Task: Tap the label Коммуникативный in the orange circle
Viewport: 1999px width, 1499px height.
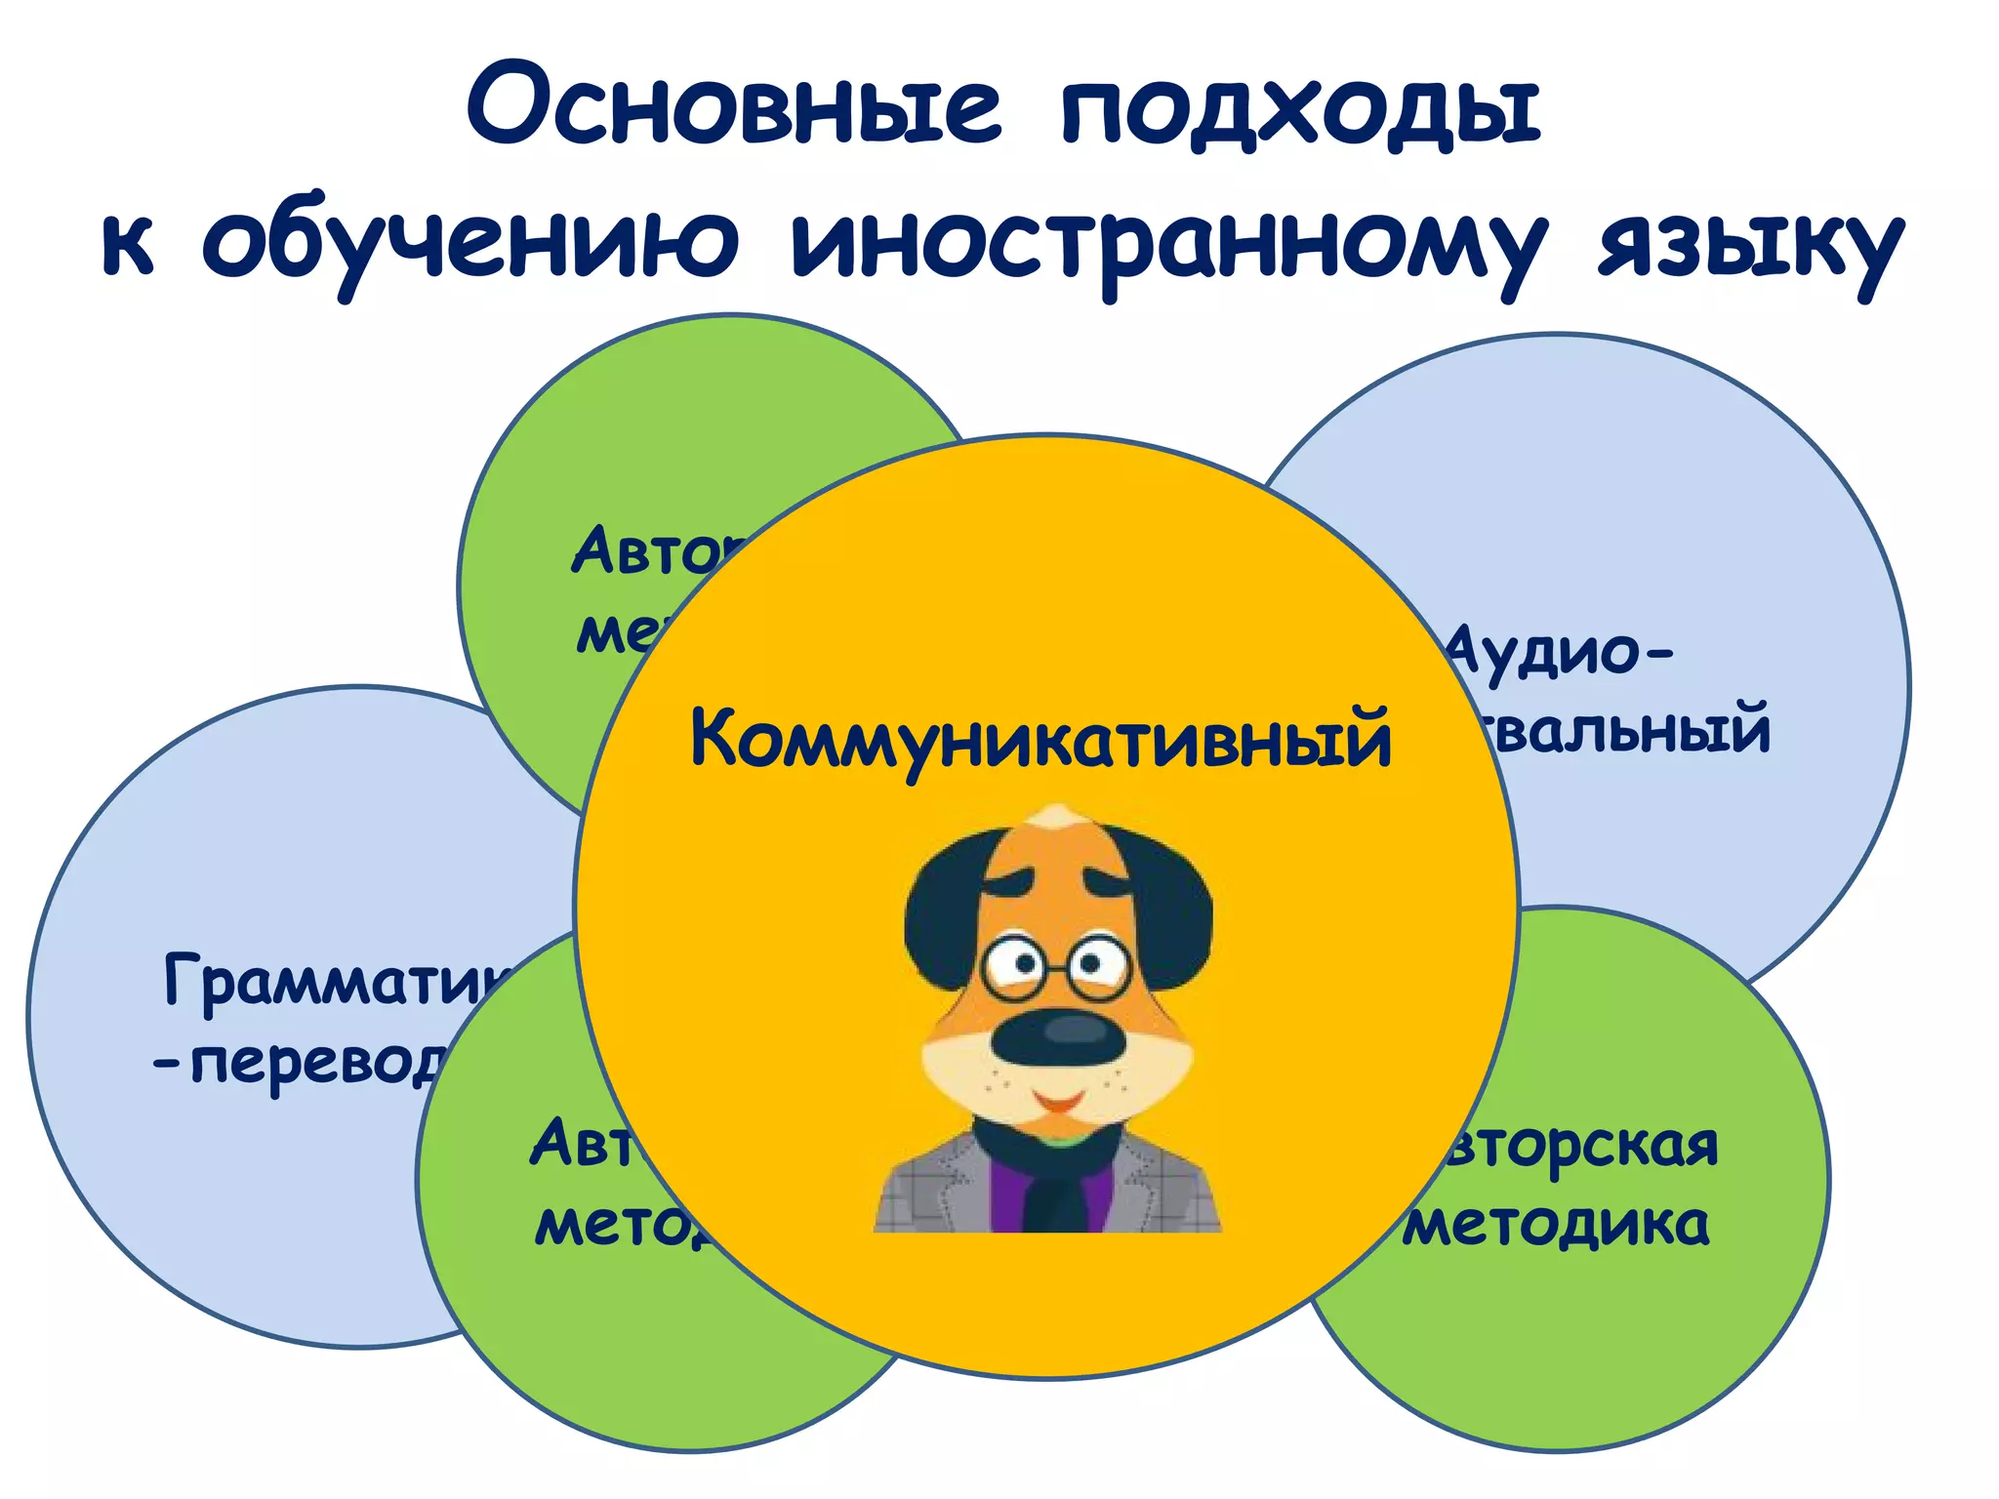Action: [x=1040, y=740]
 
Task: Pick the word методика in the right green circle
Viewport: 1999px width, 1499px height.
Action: [x=1558, y=1226]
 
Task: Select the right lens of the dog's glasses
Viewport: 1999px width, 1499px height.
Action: [x=1097, y=966]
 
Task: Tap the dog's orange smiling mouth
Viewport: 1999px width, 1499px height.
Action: [x=1058, y=1103]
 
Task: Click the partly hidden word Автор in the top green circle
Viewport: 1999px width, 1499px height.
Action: [x=654, y=552]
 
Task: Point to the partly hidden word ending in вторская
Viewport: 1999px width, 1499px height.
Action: [x=1581, y=1147]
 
